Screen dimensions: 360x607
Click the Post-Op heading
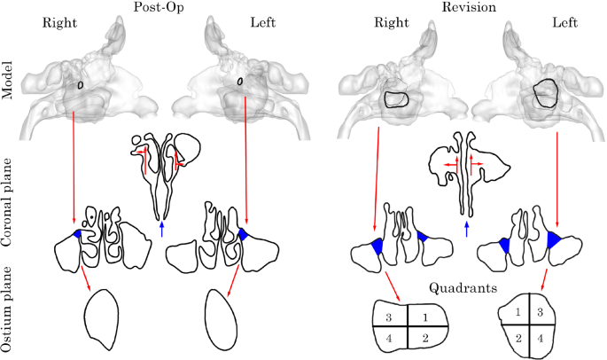coord(159,7)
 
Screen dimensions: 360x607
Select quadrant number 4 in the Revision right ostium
coord(387,338)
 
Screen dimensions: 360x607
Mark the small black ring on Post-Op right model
coord(80,85)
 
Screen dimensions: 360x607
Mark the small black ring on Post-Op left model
coord(241,85)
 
